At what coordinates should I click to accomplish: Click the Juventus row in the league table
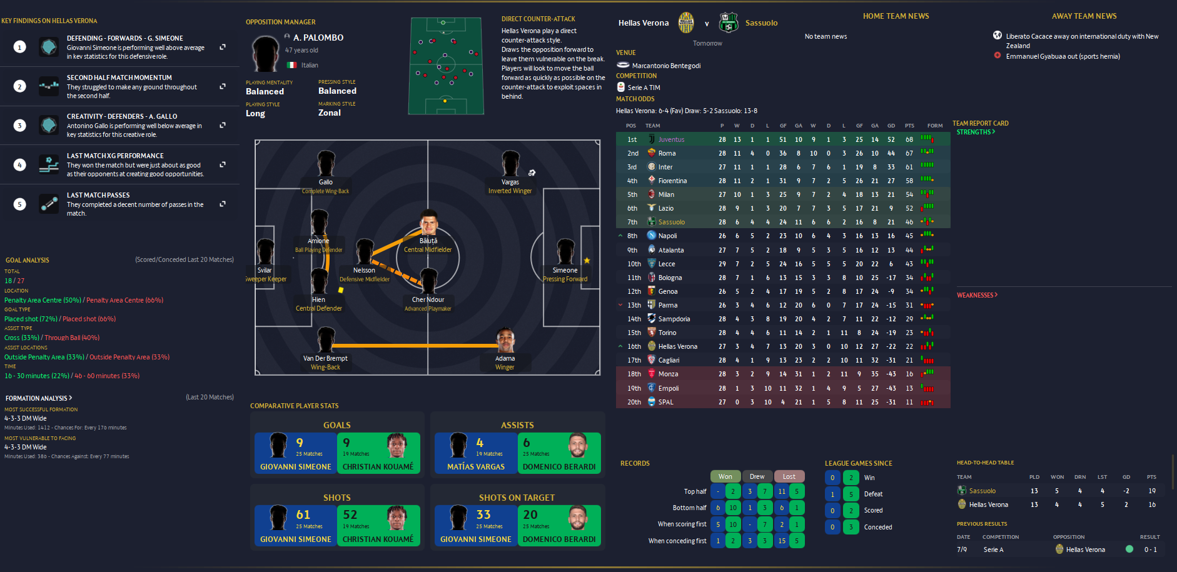click(x=671, y=139)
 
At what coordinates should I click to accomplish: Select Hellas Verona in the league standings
click(x=677, y=346)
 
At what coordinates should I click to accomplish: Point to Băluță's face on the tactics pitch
click(x=428, y=223)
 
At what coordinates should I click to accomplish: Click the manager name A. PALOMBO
click(x=318, y=38)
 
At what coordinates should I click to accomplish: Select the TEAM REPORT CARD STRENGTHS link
click(x=976, y=132)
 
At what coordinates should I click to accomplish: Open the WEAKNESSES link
click(x=977, y=295)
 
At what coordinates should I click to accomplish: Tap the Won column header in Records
click(x=725, y=476)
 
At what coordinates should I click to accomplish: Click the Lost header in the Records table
click(x=789, y=476)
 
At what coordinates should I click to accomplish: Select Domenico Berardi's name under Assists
click(x=559, y=467)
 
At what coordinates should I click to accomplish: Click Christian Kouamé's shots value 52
click(x=350, y=514)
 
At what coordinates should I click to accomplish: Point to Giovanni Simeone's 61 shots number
click(x=303, y=514)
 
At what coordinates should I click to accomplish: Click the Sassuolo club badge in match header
click(x=729, y=23)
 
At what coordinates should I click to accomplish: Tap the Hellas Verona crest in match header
click(x=686, y=23)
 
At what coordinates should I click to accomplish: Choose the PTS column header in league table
click(x=909, y=126)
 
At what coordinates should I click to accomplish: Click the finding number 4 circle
click(x=20, y=165)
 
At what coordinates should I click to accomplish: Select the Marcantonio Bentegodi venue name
click(x=666, y=66)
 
